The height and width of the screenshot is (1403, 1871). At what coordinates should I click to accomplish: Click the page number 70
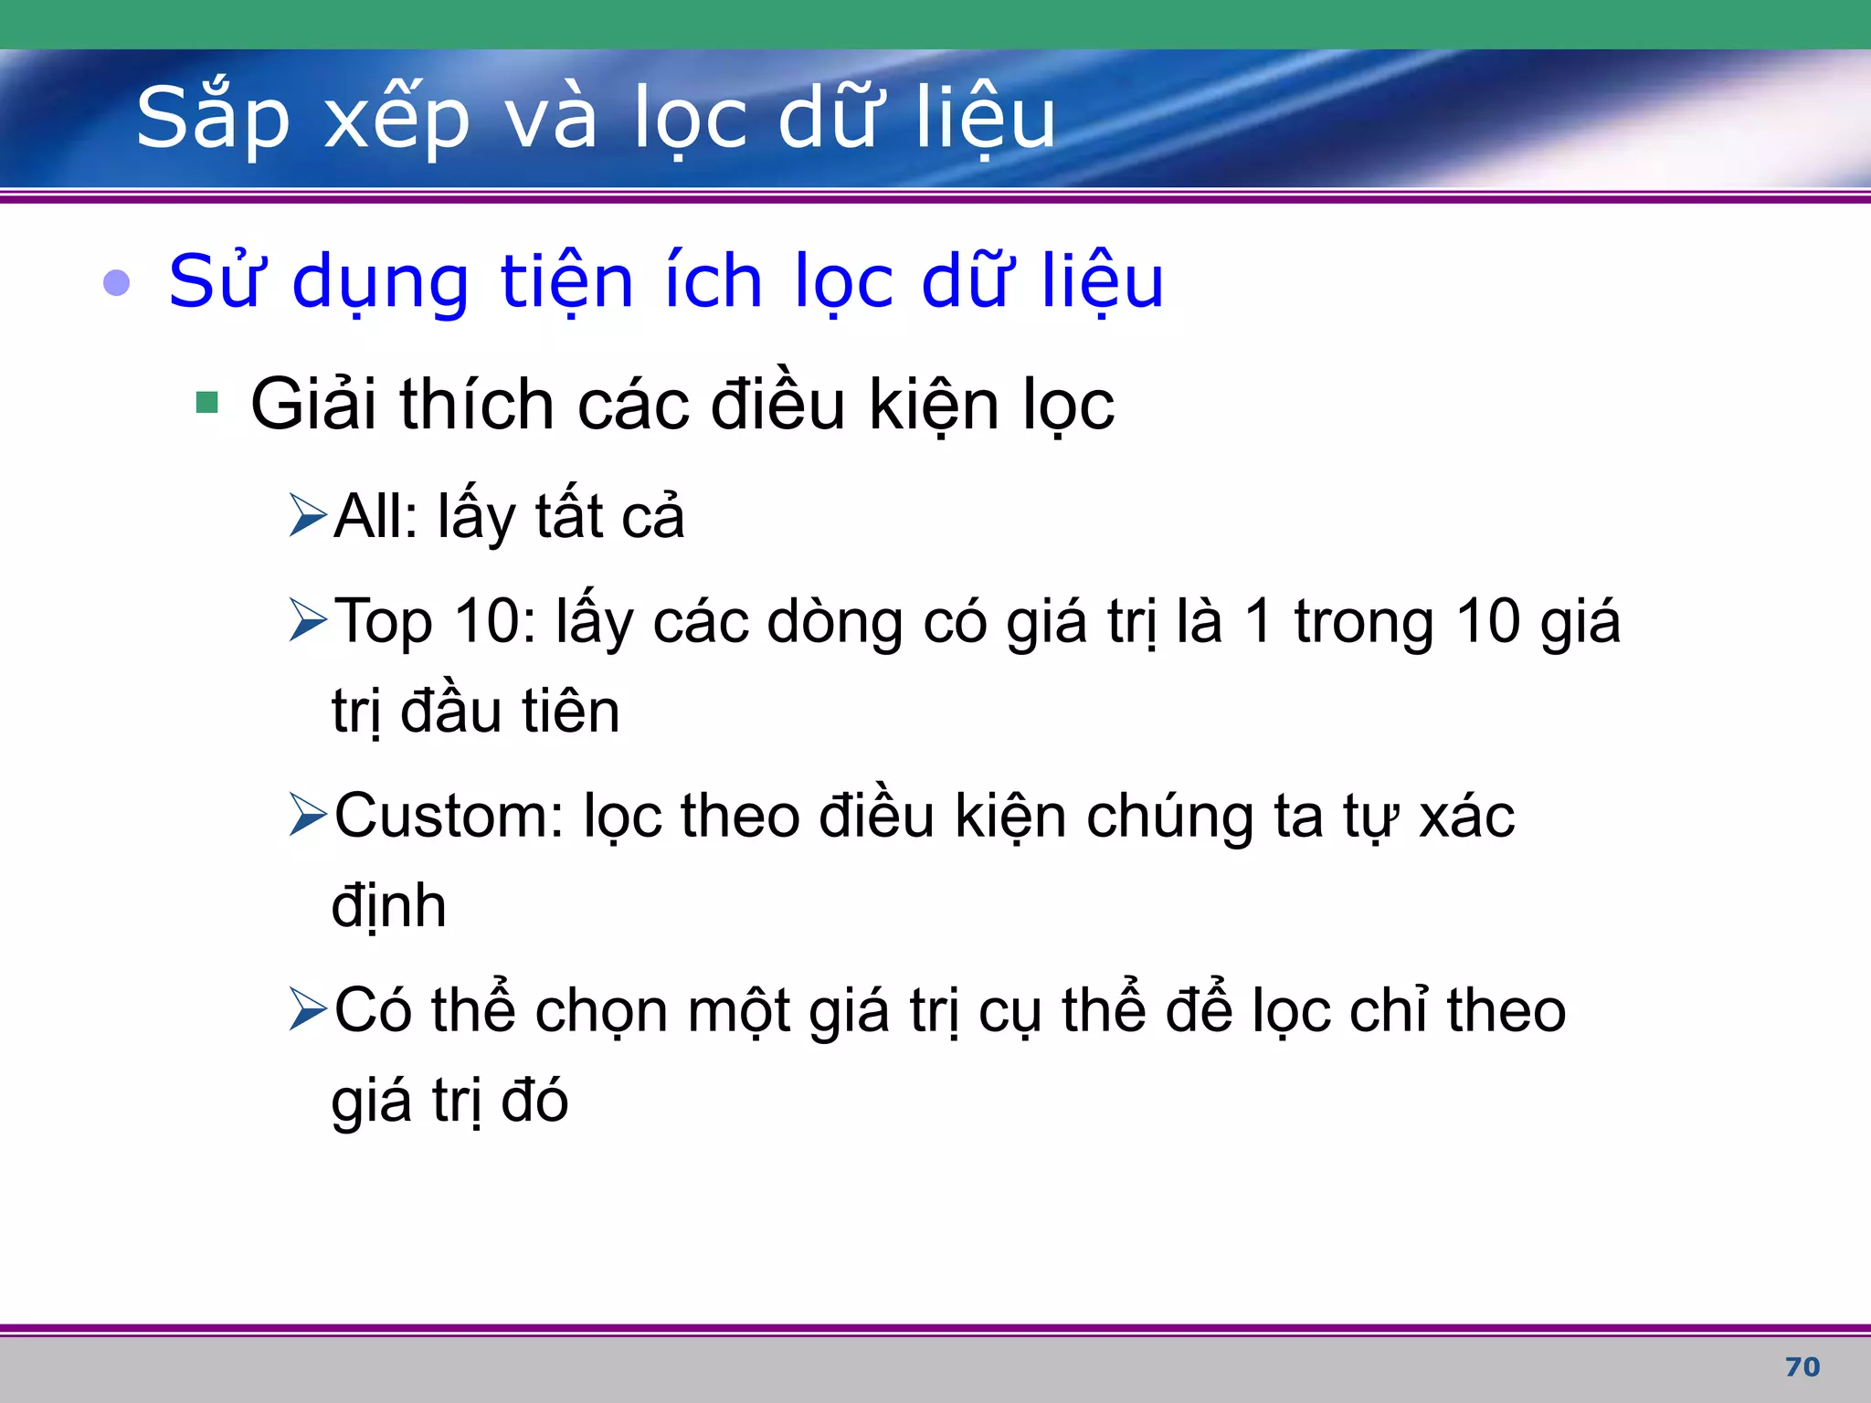tap(1802, 1367)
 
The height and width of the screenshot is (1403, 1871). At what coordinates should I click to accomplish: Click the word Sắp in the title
tap(212, 119)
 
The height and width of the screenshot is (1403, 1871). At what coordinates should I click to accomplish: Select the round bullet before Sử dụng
tap(117, 283)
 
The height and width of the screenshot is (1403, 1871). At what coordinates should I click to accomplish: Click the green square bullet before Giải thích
tap(207, 403)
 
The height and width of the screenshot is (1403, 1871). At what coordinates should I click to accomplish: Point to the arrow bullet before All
tap(308, 515)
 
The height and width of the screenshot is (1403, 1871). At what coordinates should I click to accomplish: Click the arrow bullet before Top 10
tap(308, 620)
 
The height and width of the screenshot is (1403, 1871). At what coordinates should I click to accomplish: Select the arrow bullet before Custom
tap(308, 815)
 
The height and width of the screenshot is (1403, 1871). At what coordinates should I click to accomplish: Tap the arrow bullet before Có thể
tap(308, 1009)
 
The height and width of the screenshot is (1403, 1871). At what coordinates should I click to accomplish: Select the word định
tap(389, 907)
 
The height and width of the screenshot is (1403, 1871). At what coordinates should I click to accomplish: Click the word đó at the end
tap(534, 1101)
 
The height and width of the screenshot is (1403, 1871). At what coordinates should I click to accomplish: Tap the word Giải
tap(313, 406)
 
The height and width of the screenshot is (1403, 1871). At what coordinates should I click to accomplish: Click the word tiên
tap(570, 712)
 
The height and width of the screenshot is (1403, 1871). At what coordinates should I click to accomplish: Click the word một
tap(739, 1012)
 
